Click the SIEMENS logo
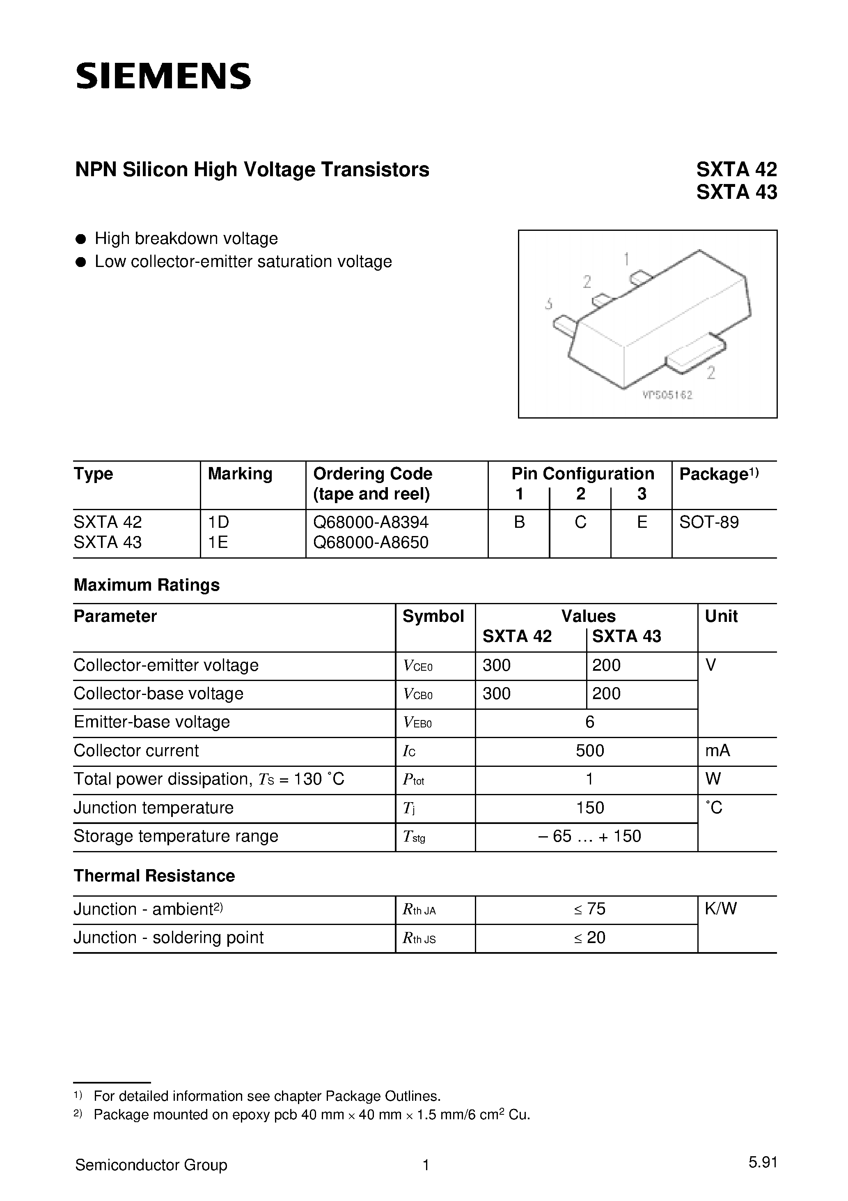(x=163, y=76)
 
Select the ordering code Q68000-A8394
(x=371, y=522)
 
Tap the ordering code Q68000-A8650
(x=371, y=543)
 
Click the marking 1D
(x=218, y=522)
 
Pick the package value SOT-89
(x=709, y=522)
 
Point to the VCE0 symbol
(x=418, y=666)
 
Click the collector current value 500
(x=590, y=751)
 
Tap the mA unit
(x=717, y=751)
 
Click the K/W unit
(x=720, y=909)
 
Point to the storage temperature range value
(x=590, y=836)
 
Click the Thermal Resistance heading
(x=154, y=876)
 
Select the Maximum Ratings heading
(x=147, y=585)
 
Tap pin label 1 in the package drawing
(x=626, y=259)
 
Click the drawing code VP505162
(x=668, y=396)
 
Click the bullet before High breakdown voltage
(x=80, y=239)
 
